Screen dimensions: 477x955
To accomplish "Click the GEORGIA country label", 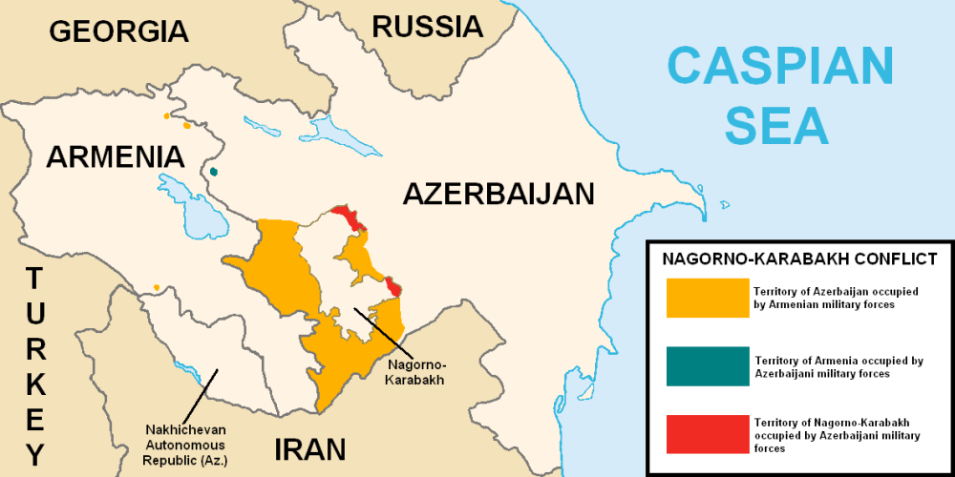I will click(x=118, y=31).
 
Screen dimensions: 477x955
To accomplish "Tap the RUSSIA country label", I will click(x=427, y=27).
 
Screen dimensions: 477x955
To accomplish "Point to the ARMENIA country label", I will click(x=116, y=157).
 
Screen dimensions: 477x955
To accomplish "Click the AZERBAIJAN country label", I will click(x=498, y=194).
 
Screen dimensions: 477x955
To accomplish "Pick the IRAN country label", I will click(x=309, y=448).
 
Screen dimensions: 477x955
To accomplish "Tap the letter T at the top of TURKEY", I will click(x=34, y=280).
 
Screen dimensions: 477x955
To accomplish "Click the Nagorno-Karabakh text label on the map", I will click(x=417, y=372).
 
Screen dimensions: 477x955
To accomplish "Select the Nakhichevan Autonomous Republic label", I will click(x=186, y=444).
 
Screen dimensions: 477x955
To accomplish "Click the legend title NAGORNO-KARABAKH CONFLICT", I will click(x=799, y=259).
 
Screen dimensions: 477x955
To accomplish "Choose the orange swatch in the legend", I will click(x=708, y=298).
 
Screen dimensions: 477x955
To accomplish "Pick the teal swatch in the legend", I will click(x=708, y=367).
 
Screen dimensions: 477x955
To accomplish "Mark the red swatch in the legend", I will click(x=708, y=434).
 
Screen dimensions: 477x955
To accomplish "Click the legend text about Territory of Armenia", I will click(x=838, y=367).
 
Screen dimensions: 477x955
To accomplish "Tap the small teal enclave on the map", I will click(x=214, y=172).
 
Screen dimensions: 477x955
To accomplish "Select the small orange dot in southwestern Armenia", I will click(x=156, y=287).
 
